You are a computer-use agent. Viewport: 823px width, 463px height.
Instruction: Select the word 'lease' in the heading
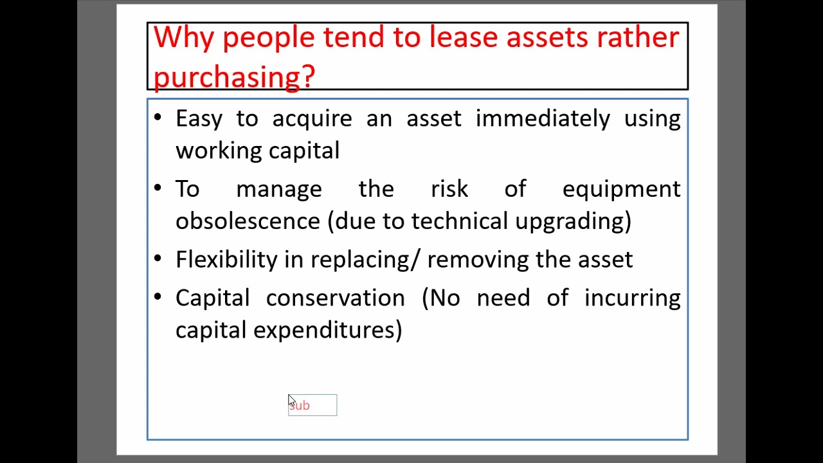[463, 37]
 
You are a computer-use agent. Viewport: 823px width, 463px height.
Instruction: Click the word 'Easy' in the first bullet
[199, 119]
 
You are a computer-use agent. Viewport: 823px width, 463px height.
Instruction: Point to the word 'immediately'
[542, 119]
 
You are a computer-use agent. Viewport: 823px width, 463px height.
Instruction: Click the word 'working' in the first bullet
[219, 151]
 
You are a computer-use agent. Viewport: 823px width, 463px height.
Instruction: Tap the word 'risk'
[449, 189]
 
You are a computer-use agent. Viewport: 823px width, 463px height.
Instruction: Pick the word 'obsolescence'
[248, 221]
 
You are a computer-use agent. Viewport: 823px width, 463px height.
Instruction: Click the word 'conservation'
[335, 298]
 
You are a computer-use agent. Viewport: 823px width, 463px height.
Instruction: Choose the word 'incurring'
[632, 298]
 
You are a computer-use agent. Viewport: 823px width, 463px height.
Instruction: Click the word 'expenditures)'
[327, 331]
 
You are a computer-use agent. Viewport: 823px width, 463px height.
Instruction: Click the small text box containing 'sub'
[312, 405]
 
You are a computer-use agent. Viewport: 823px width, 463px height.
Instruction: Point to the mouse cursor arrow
[291, 401]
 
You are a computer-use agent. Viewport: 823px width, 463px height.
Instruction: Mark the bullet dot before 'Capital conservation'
[158, 297]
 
